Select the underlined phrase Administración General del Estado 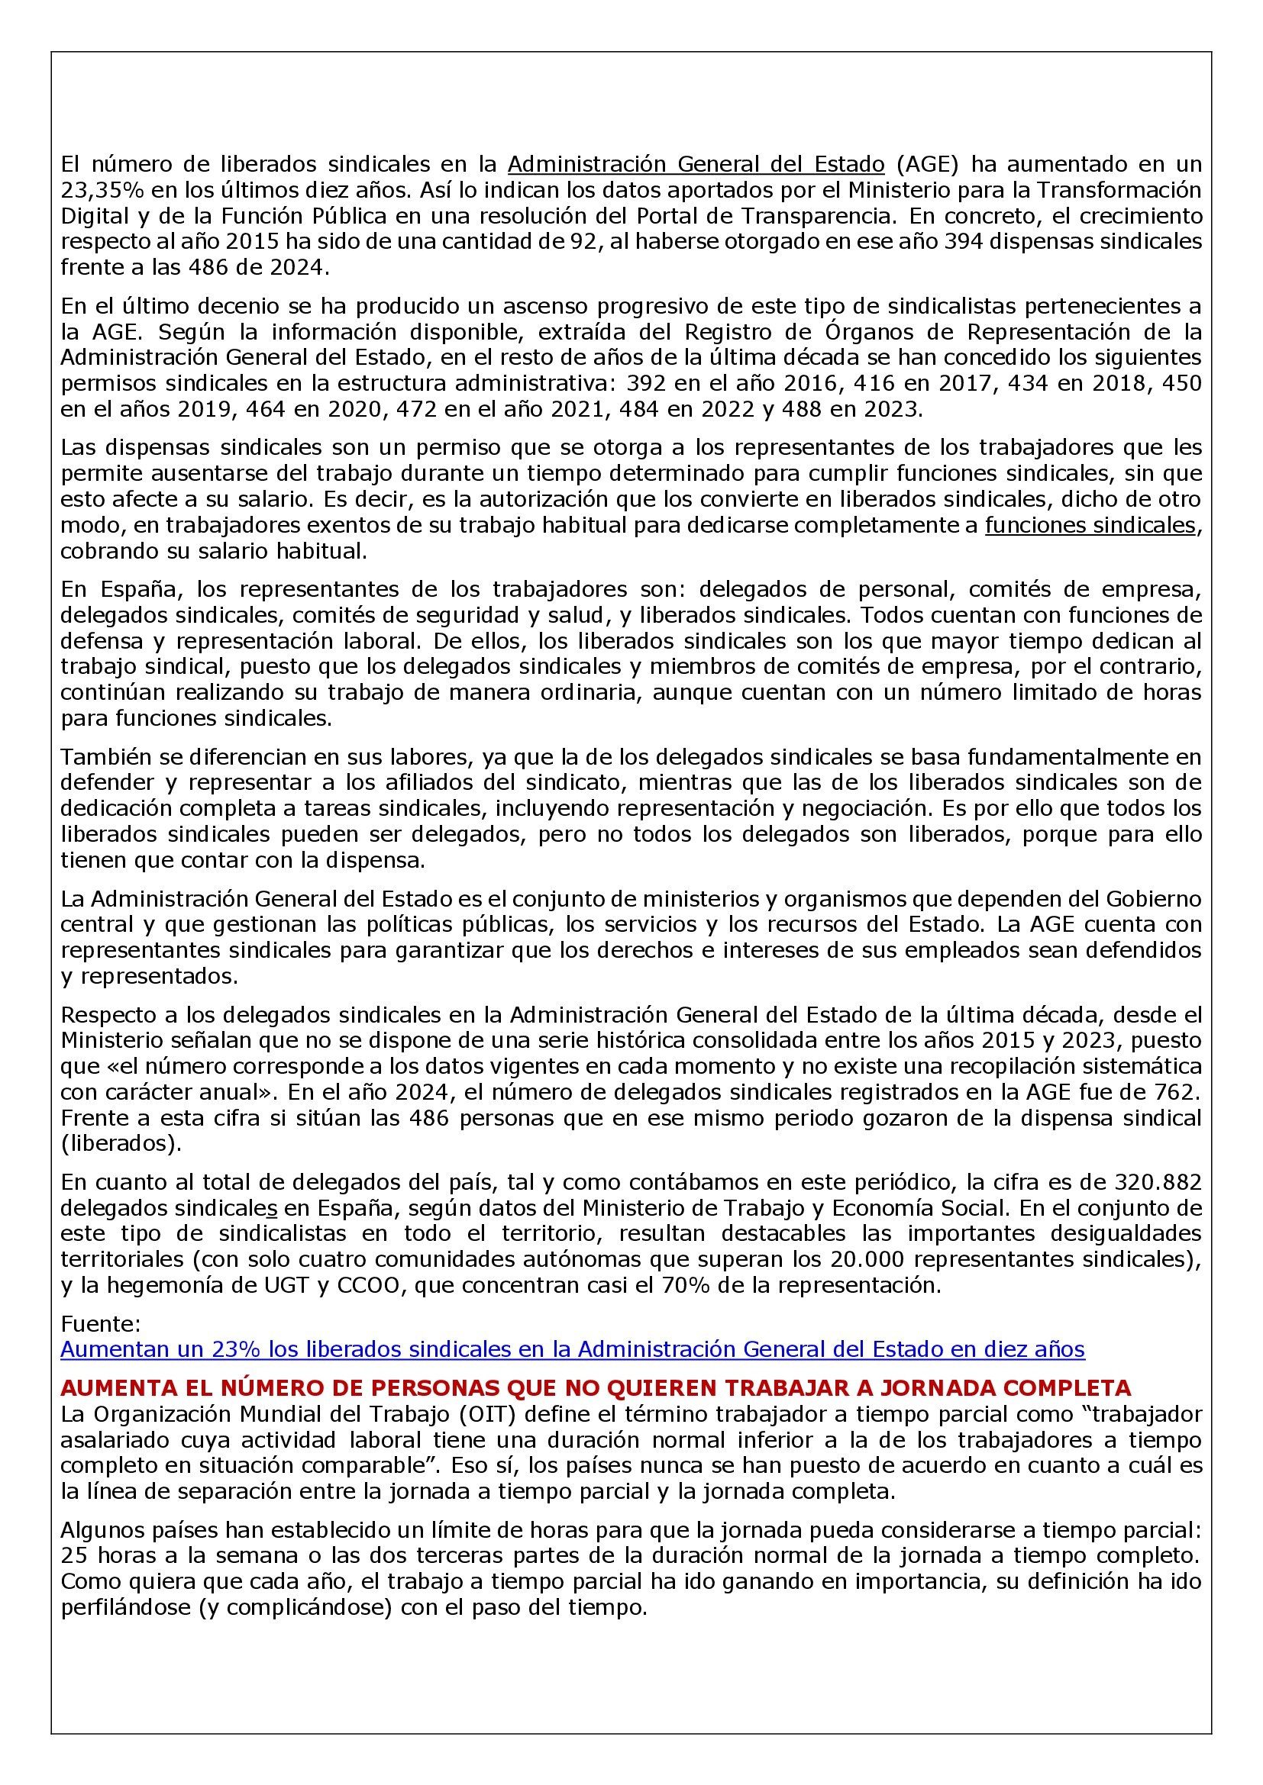click(696, 165)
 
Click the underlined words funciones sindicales click(1090, 526)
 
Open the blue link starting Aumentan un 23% click(573, 1348)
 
